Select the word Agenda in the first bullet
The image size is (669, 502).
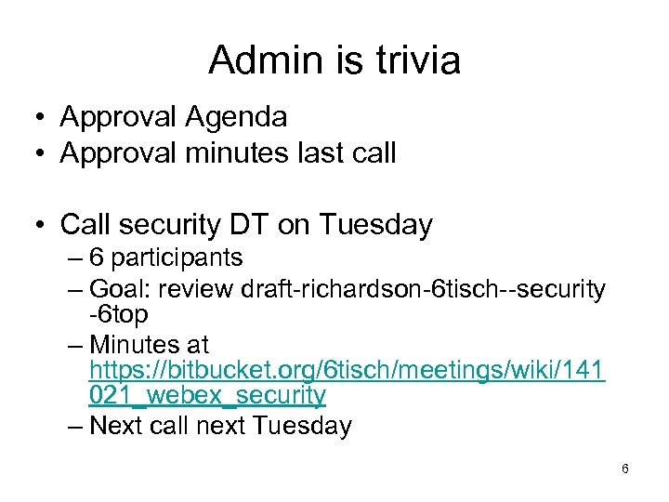click(x=236, y=117)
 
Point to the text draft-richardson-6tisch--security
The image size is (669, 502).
click(x=423, y=289)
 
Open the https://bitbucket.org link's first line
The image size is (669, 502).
click(x=347, y=371)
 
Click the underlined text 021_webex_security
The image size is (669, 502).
click(x=207, y=396)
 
